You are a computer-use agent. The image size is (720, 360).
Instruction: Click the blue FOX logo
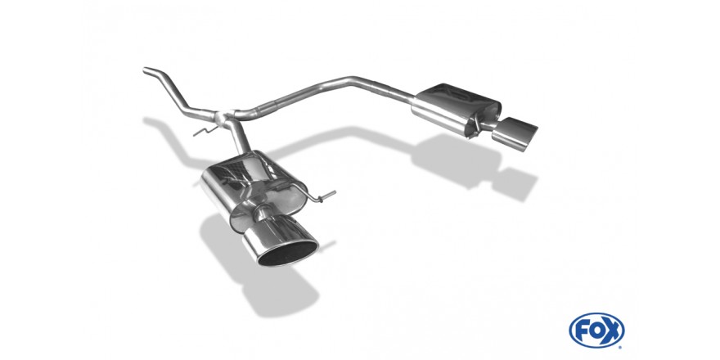596,331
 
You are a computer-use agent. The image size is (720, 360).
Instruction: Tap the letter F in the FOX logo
583,331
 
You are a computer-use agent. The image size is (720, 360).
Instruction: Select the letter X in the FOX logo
612,331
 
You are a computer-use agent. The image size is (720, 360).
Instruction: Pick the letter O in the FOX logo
597,331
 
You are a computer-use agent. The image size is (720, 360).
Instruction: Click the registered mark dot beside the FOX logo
621,347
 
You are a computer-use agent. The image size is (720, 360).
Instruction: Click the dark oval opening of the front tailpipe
288,253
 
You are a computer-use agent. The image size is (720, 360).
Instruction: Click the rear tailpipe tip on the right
515,134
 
